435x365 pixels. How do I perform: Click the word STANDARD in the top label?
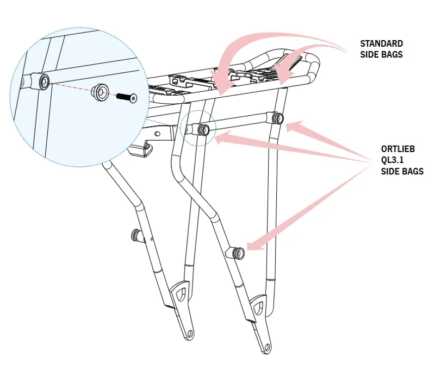click(382, 43)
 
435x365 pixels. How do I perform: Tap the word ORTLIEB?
click(398, 149)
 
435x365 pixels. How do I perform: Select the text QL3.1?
click(392, 160)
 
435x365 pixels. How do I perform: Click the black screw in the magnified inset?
click(127, 97)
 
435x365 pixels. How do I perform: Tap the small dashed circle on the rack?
click(198, 128)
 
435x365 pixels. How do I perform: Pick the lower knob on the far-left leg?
click(137, 235)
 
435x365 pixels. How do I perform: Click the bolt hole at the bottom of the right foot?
click(267, 347)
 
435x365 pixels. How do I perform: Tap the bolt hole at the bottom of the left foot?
click(190, 333)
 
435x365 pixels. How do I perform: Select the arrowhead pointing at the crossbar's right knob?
click(294, 126)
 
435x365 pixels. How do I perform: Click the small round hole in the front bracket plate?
click(157, 134)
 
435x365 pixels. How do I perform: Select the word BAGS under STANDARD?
click(392, 54)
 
